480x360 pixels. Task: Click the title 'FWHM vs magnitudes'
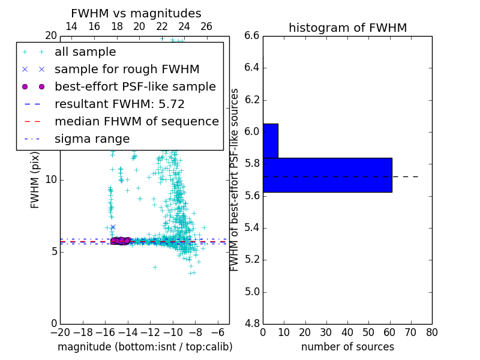(136, 13)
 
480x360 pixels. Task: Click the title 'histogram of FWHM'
(347, 28)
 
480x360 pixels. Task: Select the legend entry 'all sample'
(85, 52)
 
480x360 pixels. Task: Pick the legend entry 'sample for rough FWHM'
(127, 69)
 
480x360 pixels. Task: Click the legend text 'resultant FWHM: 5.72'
(119, 104)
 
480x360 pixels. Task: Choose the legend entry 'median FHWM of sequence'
(136, 121)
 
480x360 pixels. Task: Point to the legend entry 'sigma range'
(92, 139)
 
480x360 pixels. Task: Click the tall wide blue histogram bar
(327, 175)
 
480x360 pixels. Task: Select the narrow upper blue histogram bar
(270, 140)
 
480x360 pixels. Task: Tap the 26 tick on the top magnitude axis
(206, 26)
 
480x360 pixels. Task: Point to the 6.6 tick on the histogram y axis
(252, 35)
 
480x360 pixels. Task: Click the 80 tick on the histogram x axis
(431, 332)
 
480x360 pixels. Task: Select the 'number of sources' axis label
(347, 347)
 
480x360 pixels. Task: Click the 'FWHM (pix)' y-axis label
(35, 179)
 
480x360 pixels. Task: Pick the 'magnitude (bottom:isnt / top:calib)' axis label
(145, 347)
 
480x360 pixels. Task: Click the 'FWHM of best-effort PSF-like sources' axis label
(235, 179)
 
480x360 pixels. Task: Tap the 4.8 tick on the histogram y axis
(252, 323)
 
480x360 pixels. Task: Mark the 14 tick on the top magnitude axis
(71, 26)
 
